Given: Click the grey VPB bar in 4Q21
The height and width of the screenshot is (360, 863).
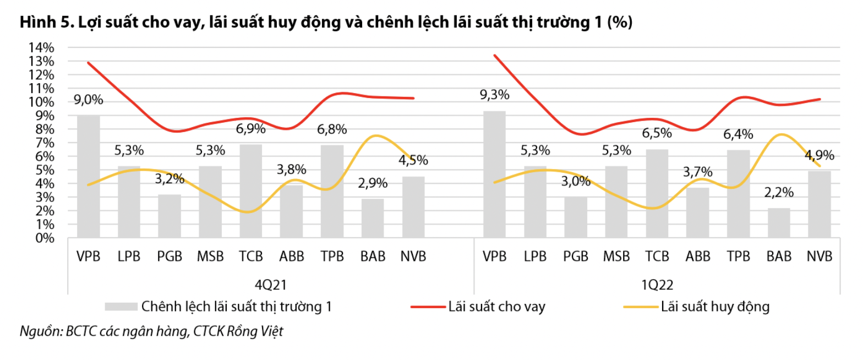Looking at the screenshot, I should [88, 176].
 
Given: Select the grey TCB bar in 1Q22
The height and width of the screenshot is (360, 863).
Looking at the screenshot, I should [657, 194].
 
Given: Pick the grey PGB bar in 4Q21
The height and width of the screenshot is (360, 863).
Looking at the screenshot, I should [169, 216].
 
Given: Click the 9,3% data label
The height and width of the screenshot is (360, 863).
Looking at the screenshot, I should [494, 95].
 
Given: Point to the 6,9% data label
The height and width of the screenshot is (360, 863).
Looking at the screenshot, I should [252, 129].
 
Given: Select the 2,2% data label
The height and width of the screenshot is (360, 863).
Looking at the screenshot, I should [779, 193].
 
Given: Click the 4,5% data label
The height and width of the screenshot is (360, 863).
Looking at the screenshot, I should [413, 161].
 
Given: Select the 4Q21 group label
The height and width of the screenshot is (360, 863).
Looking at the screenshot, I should [271, 285].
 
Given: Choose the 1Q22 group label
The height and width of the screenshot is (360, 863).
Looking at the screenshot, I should [657, 285].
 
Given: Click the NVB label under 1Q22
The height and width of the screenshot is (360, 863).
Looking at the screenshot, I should [819, 257].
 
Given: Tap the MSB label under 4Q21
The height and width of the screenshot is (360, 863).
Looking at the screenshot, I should [210, 257].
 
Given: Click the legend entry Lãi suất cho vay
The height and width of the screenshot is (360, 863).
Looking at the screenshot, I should [496, 307].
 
